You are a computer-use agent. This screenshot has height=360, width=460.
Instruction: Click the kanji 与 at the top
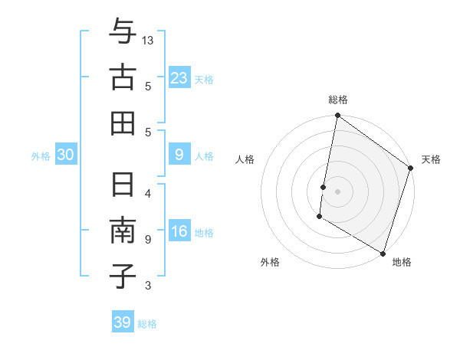tap(123, 32)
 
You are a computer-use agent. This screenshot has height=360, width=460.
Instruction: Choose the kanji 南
tap(123, 231)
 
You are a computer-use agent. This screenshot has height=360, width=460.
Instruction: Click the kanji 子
tap(123, 276)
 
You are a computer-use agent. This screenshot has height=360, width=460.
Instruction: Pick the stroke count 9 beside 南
tap(148, 239)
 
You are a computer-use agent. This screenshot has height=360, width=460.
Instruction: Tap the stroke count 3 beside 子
tap(148, 286)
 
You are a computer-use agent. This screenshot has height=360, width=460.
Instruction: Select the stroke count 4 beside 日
tap(148, 193)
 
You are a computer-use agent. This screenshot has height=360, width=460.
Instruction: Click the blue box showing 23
tap(179, 78)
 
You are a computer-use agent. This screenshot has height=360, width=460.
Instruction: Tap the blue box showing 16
tap(179, 232)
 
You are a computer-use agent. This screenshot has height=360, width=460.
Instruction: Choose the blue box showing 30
tap(66, 155)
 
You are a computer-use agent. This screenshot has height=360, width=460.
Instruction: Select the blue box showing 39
tap(123, 322)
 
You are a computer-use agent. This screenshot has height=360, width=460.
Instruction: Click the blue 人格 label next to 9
tap(204, 156)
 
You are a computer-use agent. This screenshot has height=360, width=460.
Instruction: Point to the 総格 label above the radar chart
tap(338, 100)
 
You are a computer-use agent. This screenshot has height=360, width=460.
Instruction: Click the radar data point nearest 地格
tap(382, 253)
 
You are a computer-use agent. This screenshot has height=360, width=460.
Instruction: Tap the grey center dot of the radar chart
tap(338, 190)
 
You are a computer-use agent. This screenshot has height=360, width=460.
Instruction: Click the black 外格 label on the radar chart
tap(269, 262)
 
